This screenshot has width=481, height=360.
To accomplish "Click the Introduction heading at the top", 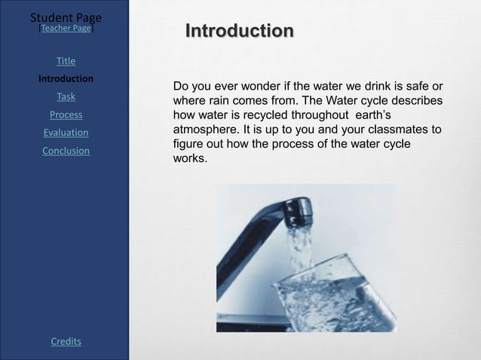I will point(240,32).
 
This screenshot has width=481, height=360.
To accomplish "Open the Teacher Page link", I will point(66,28).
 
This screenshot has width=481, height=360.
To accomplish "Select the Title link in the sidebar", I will point(66,60).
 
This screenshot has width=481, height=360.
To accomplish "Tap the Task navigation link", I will point(66,96).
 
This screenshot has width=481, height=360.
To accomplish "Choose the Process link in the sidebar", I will point(66,114).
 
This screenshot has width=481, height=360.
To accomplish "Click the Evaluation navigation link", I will point(66,133).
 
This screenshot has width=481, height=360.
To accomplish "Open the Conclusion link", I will point(66,151).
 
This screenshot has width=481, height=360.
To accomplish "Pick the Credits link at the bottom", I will point(66,342).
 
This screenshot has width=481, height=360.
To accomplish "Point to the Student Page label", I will point(66,16).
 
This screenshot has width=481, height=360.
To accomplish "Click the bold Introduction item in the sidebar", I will point(66,78).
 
